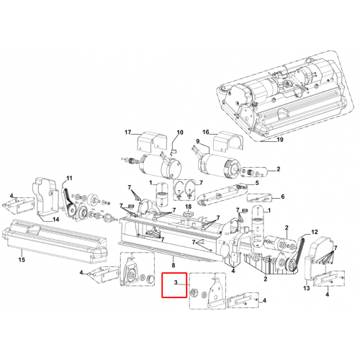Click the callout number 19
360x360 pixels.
tap(280, 140)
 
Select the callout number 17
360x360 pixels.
tap(128, 132)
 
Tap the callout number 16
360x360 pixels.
tap(206, 132)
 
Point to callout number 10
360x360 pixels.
tap(180, 132)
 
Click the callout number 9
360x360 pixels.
tap(198, 141)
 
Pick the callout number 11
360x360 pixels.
tap(69, 178)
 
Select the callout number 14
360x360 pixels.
tap(55, 220)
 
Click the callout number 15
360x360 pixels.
tap(22, 259)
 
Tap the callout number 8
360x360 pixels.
tap(174, 265)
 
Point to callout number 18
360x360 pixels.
tap(189, 207)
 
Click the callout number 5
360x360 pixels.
tap(257, 183)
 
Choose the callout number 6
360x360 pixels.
tap(283, 197)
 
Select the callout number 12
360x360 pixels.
tap(315, 232)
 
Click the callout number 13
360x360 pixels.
tap(307, 288)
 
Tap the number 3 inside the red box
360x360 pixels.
tap(176, 282)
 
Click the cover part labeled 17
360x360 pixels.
tap(150, 142)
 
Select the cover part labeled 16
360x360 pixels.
tap(228, 142)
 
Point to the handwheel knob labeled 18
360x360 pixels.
tap(188, 214)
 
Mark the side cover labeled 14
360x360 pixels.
tap(45, 197)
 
